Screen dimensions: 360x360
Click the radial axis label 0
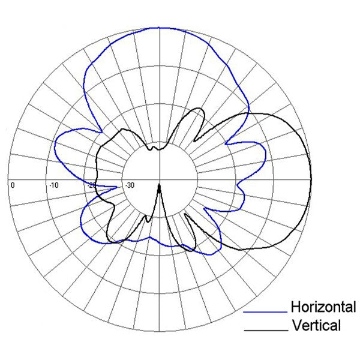point(12,185)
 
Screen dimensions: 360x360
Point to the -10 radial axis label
point(53,185)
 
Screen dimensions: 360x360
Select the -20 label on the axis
point(92,185)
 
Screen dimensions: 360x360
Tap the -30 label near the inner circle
point(130,185)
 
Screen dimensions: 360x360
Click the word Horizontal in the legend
point(323,308)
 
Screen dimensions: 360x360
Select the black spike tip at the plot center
point(160,185)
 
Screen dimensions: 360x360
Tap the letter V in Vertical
point(295,326)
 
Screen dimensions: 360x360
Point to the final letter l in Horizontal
point(354,308)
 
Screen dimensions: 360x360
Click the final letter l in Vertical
point(339,326)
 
